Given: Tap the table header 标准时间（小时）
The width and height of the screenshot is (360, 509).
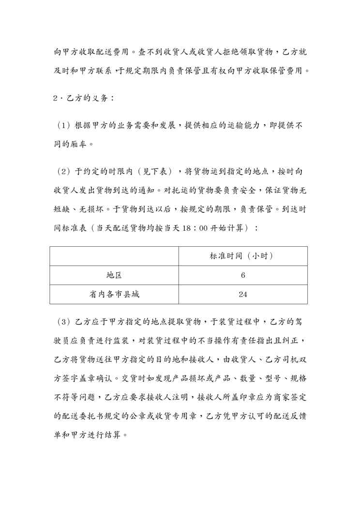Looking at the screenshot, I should (x=242, y=256).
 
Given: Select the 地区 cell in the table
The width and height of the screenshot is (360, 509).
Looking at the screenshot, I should (x=114, y=275).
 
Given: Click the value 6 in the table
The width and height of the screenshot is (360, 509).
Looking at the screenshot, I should (x=243, y=275).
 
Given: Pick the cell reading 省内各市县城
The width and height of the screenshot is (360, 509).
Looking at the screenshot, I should (x=114, y=294).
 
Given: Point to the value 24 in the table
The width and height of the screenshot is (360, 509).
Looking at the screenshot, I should (x=243, y=294).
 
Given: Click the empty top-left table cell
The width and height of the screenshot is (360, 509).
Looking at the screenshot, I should (x=114, y=256).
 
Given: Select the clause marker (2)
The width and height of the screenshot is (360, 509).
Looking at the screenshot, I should (x=64, y=172).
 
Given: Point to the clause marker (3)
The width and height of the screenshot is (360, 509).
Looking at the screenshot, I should (x=64, y=322).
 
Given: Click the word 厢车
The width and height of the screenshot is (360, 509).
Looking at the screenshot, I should (x=82, y=144).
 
